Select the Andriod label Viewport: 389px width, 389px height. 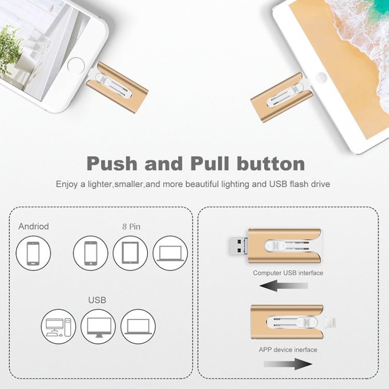point(33,226)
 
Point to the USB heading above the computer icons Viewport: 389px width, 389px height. point(97,300)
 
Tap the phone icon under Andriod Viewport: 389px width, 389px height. point(33,253)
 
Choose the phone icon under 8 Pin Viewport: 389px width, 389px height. point(90,253)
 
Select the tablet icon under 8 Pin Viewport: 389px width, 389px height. point(130,253)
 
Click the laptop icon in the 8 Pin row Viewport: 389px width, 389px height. point(170,253)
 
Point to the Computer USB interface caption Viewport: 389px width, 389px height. point(288,273)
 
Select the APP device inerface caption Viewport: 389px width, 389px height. point(288,350)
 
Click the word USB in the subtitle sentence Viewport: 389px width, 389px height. point(282,184)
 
